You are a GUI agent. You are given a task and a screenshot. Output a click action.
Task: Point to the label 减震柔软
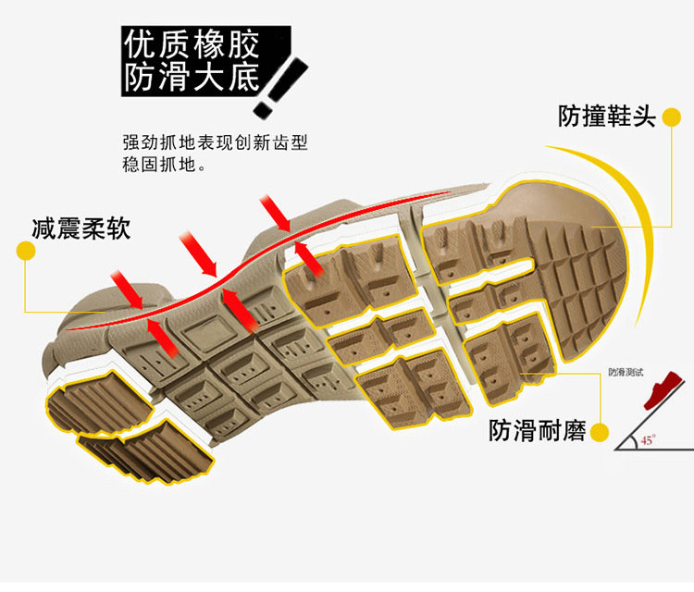point(81,228)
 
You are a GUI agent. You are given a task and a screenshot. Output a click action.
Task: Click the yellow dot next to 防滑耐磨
point(600,431)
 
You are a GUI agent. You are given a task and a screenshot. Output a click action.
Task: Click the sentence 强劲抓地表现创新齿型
point(214,143)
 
